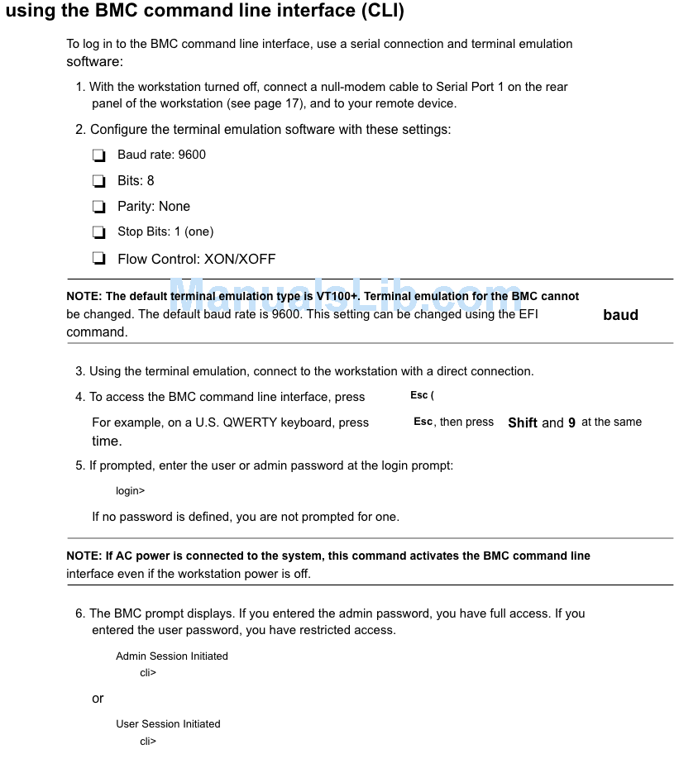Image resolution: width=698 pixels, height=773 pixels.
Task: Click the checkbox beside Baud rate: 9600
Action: tap(99, 155)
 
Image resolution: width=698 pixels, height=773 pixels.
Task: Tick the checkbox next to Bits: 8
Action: tap(99, 181)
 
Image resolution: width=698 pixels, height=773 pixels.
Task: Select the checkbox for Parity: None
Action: tap(99, 207)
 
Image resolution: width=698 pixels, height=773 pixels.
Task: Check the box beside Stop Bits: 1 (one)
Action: tap(99, 232)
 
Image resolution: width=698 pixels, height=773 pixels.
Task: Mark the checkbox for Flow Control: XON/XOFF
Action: tap(99, 259)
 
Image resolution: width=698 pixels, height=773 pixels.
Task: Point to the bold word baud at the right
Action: tap(620, 315)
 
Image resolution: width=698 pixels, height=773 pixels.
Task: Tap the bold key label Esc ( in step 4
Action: tap(422, 396)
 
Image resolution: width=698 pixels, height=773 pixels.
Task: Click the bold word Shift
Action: tap(523, 422)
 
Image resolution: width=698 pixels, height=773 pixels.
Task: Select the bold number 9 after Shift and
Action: tap(571, 422)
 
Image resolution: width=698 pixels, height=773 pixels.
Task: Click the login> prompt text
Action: tap(130, 491)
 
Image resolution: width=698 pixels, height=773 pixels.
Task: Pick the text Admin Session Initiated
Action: tap(172, 656)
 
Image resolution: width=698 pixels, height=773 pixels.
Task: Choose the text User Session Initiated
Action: tap(168, 724)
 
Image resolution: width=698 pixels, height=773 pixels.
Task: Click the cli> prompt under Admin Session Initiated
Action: tap(148, 673)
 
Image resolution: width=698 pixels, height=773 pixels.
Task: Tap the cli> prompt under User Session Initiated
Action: tap(148, 742)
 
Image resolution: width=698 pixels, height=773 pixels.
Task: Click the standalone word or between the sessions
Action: tap(98, 699)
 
